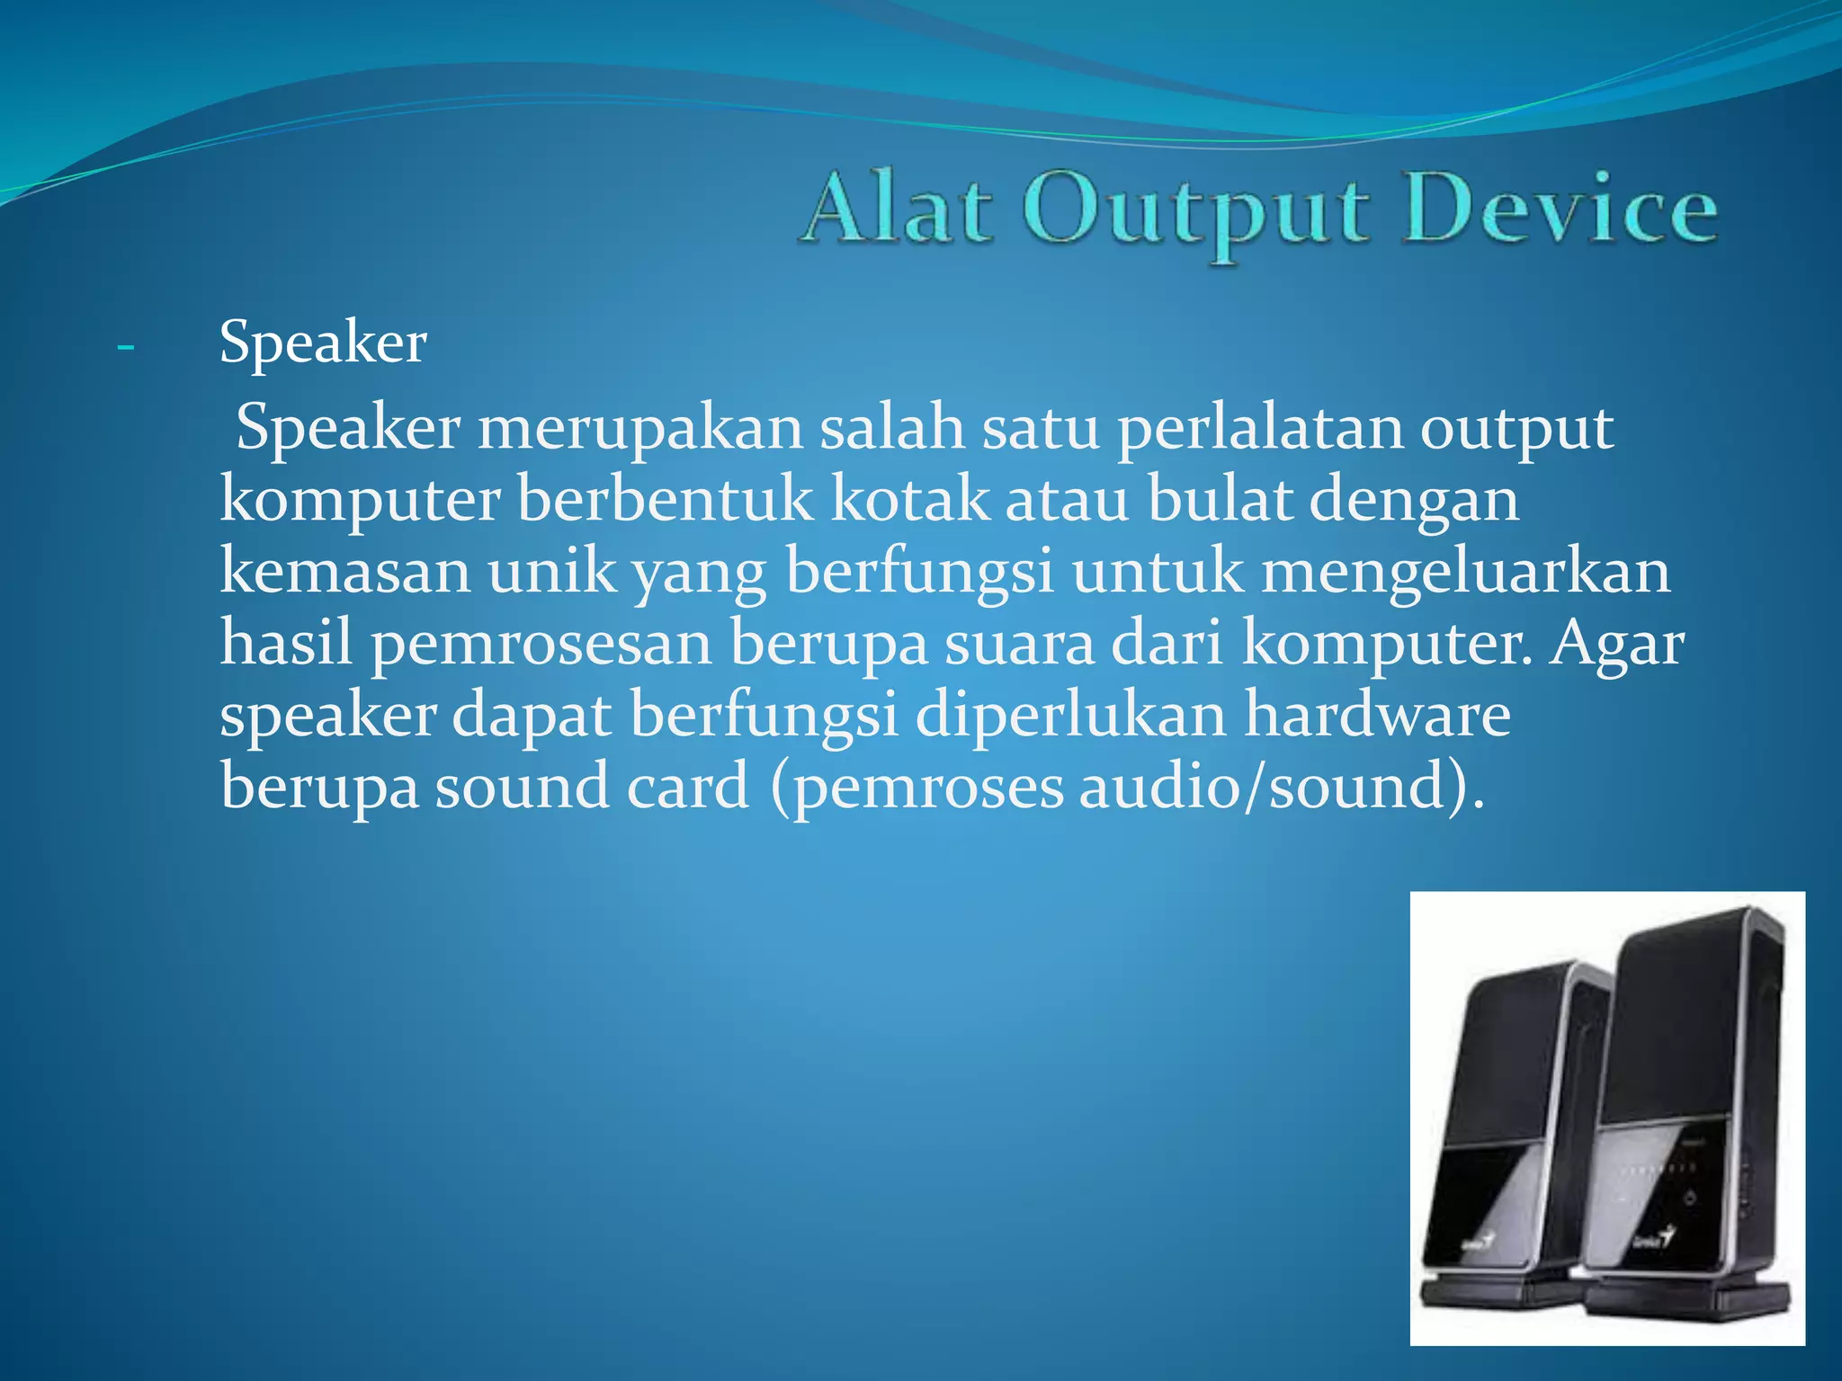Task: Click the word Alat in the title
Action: point(898,209)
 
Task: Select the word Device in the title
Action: point(1560,209)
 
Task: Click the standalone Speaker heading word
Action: point(323,343)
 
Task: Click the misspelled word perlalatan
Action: point(1259,429)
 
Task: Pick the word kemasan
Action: point(344,572)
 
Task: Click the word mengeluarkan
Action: point(1465,574)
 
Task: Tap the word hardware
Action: point(1377,716)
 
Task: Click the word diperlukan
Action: point(1071,716)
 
